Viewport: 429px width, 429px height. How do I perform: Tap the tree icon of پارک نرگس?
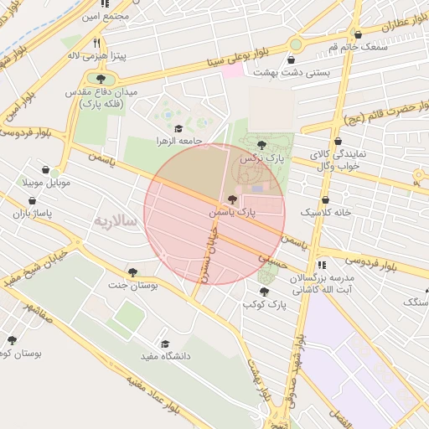click(x=261, y=145)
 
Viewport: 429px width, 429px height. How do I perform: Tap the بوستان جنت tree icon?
click(x=132, y=271)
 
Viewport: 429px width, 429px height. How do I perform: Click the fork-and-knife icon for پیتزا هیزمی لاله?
click(x=97, y=43)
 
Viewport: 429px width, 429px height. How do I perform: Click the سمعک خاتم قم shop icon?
click(x=359, y=34)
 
